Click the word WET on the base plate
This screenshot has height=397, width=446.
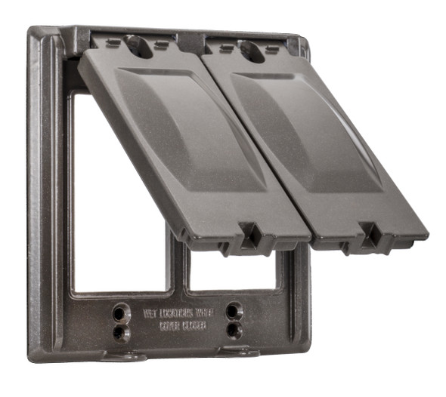point(150,311)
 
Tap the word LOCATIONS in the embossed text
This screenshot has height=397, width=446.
point(175,311)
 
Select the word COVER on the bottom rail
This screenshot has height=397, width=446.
point(169,327)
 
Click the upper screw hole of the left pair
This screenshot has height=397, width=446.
point(121,310)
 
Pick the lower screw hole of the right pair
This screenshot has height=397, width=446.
point(234,329)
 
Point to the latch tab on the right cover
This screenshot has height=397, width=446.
point(370,235)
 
